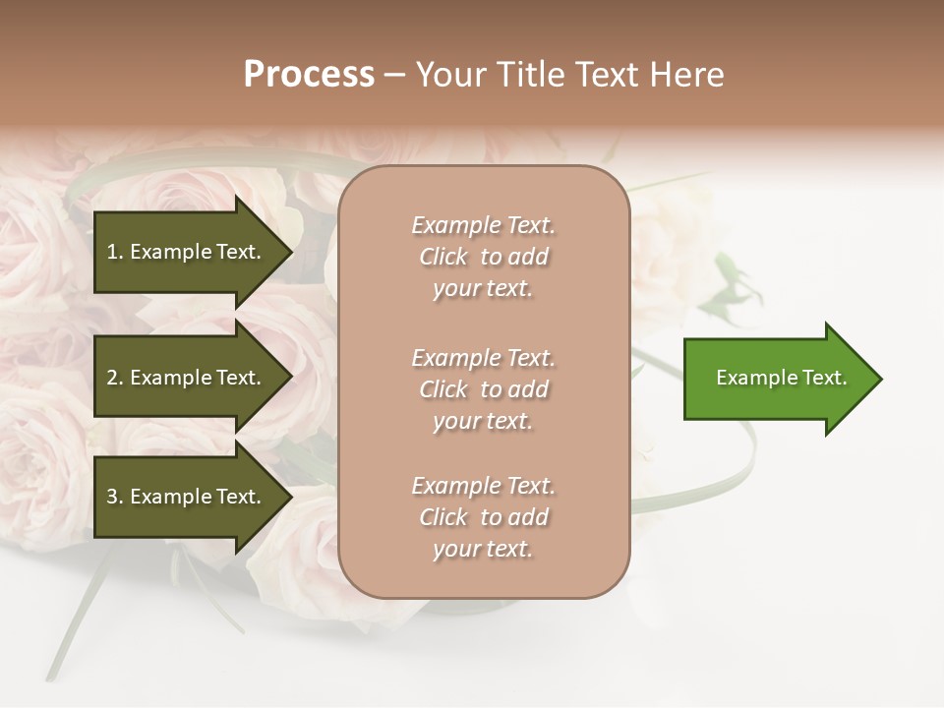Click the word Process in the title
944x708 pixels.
(x=309, y=75)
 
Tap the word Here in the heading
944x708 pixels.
(x=685, y=75)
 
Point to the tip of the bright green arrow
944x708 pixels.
(x=880, y=379)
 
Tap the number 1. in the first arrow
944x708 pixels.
(x=115, y=252)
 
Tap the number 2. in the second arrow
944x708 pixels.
(x=115, y=378)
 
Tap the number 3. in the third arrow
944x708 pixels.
(x=115, y=497)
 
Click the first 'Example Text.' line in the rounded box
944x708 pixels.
(x=483, y=225)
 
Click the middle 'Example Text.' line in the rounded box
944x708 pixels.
(x=483, y=358)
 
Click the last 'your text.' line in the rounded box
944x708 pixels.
(x=483, y=550)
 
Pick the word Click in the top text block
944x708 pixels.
(x=443, y=257)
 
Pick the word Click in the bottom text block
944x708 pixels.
(x=443, y=517)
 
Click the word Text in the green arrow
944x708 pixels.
(x=824, y=378)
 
